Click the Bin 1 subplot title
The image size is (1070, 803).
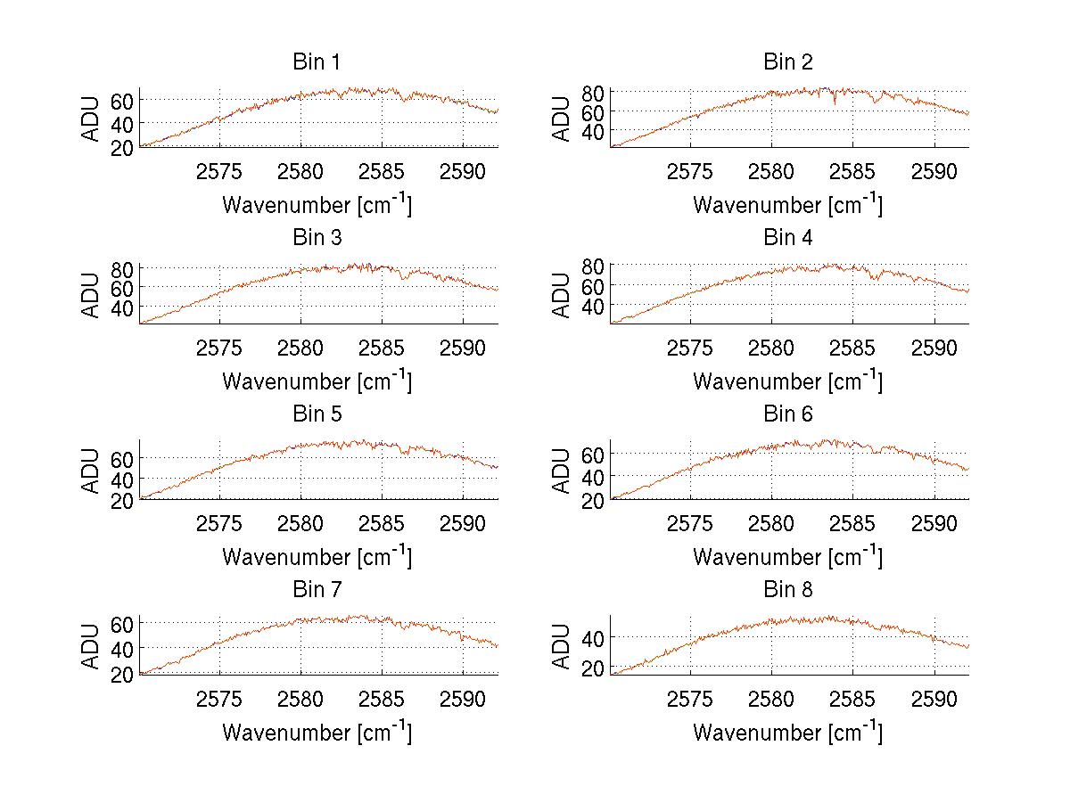pyautogui.click(x=317, y=62)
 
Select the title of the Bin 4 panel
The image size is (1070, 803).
pyautogui.click(x=787, y=238)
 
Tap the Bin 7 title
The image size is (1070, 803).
pyautogui.click(x=317, y=590)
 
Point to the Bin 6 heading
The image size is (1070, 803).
pyautogui.click(x=787, y=414)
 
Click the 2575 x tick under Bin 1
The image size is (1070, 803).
pyautogui.click(x=219, y=171)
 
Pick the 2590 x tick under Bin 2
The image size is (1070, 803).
pyautogui.click(x=934, y=171)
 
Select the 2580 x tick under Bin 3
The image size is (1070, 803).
pyautogui.click(x=300, y=347)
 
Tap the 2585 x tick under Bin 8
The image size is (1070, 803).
pyautogui.click(x=852, y=699)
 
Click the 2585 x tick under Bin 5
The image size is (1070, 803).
pyautogui.click(x=382, y=523)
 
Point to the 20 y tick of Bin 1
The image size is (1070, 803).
pyautogui.click(x=121, y=146)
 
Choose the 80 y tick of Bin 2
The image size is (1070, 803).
pyautogui.click(x=592, y=93)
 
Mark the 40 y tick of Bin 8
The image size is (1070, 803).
pyautogui.click(x=592, y=638)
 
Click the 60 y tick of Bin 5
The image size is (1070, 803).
pyautogui.click(x=121, y=458)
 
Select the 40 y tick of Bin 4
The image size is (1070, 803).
pyautogui.click(x=592, y=307)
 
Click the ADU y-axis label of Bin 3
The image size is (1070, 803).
pyautogui.click(x=92, y=295)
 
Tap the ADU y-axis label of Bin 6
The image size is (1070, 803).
pyautogui.click(x=563, y=471)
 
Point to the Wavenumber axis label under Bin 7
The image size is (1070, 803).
pyautogui.click(x=317, y=733)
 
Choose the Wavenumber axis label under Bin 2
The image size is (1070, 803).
pyautogui.click(x=787, y=205)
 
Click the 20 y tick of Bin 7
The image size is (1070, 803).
pyautogui.click(x=121, y=674)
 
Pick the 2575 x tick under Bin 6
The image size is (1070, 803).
pyautogui.click(x=690, y=523)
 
